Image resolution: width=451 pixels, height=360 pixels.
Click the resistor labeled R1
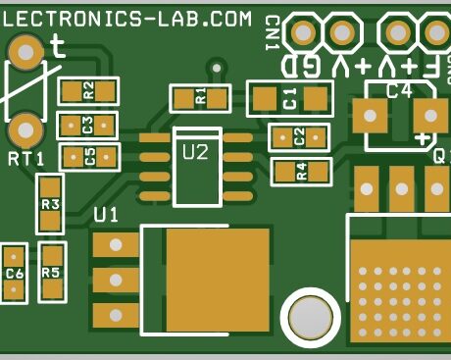(200, 97)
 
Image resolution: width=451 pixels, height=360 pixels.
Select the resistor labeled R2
(88, 91)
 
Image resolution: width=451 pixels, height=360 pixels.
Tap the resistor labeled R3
(50, 204)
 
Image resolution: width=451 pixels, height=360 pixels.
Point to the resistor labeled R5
(51, 273)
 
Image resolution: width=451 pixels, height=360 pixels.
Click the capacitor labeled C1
(289, 98)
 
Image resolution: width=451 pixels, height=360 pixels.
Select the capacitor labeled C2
(299, 137)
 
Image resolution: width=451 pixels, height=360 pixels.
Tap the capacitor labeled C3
(87, 126)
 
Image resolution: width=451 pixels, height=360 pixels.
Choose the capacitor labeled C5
(89, 156)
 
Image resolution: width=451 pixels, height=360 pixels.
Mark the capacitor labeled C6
(14, 274)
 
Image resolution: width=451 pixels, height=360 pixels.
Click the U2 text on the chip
(196, 151)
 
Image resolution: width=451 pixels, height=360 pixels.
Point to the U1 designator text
(106, 215)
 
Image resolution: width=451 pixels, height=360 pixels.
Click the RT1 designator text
(26, 159)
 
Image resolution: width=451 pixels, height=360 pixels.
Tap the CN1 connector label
(272, 33)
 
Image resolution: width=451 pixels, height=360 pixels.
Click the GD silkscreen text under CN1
(299, 67)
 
